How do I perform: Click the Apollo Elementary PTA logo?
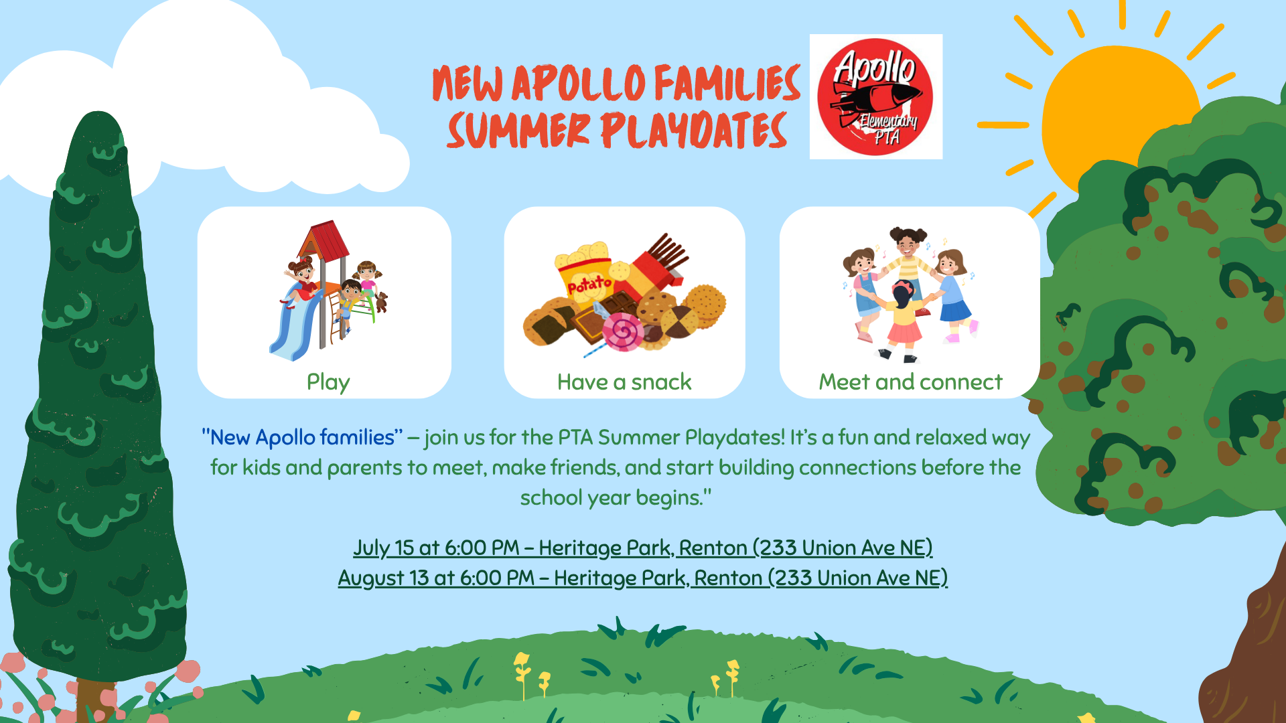875,96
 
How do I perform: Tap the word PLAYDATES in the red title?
693,130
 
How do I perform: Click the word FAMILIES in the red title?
727,83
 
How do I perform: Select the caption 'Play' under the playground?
328,382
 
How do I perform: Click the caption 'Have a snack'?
624,382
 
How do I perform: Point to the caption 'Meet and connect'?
910,382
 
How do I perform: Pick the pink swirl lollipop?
623,333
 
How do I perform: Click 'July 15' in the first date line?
384,548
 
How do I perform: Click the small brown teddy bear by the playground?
381,302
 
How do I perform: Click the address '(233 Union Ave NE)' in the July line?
843,548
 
